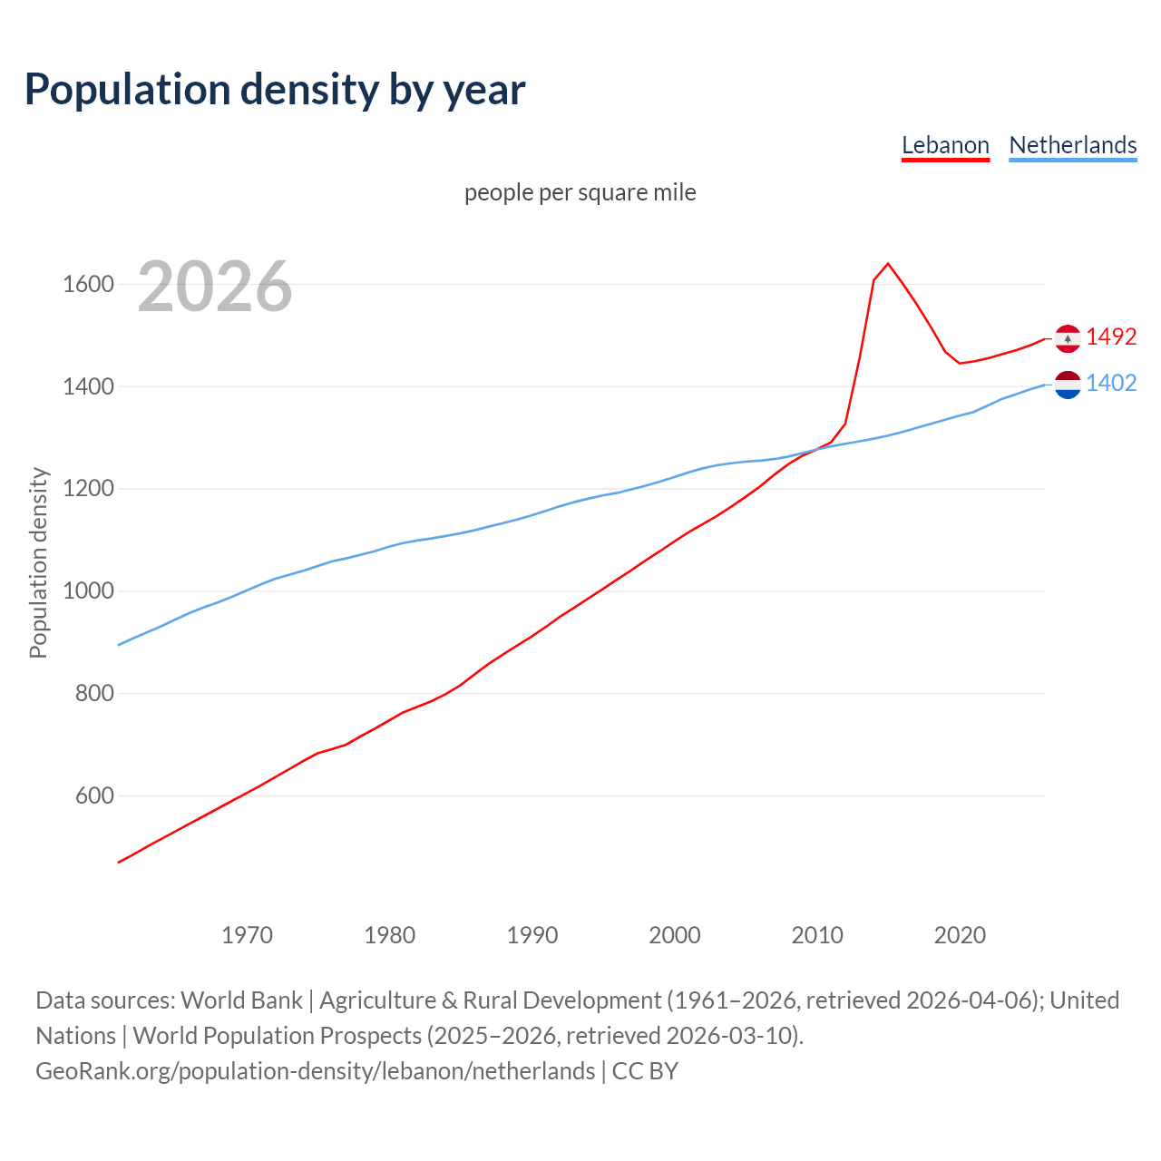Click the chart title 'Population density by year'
point(275,90)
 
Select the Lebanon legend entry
point(945,145)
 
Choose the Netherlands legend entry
point(1072,145)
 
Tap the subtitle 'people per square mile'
point(580,192)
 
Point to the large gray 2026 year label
point(215,287)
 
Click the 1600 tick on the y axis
point(88,285)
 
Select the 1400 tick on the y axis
point(88,387)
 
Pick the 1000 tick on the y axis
point(88,591)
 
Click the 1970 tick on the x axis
point(247,935)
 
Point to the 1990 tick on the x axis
point(532,935)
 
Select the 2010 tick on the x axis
point(817,935)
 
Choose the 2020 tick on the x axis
point(960,935)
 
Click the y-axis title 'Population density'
point(38,562)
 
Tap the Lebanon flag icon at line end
point(1068,338)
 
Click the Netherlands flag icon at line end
point(1068,385)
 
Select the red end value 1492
point(1111,337)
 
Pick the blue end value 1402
point(1111,383)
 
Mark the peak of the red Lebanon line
point(888,264)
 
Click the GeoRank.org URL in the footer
point(315,1071)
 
